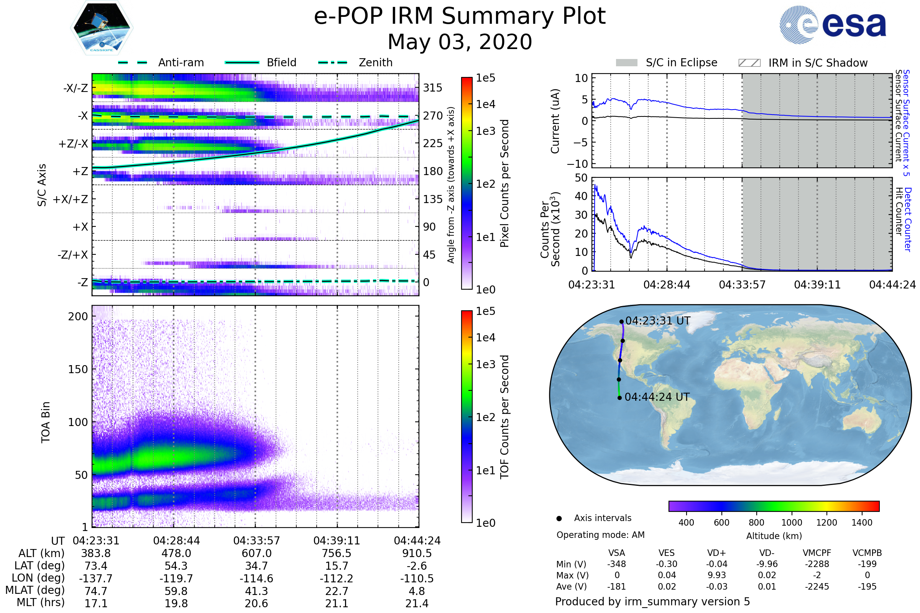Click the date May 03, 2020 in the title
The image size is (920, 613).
460,42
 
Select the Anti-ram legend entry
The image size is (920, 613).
181,62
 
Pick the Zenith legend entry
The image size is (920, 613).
376,62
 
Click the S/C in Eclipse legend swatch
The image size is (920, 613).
627,63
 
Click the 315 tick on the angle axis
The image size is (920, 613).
433,88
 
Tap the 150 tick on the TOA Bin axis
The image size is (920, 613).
78,369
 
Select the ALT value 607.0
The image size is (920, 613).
256,554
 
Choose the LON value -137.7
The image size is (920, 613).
96,579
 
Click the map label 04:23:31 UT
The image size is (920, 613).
657,321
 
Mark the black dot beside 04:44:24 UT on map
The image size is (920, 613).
619,398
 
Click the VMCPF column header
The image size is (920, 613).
817,553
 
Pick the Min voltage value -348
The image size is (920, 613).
616,564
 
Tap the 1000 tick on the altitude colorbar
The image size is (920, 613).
792,523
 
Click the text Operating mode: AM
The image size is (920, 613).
600,535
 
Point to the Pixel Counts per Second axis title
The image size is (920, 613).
504,184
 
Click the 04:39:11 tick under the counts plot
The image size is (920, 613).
817,285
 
